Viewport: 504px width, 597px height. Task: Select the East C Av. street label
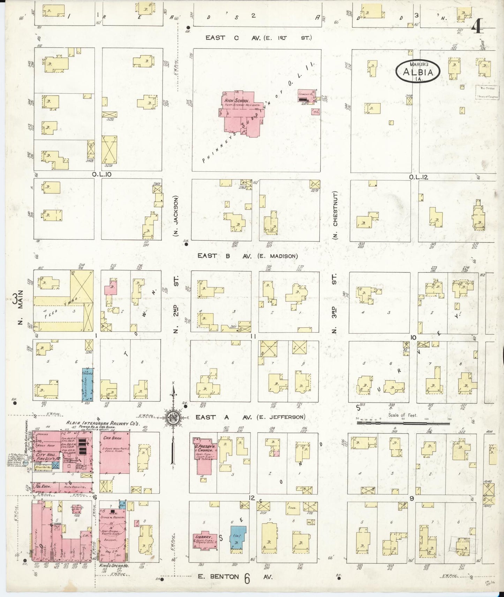pyautogui.click(x=258, y=38)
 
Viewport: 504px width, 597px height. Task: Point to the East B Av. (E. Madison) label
pyautogui.click(x=248, y=256)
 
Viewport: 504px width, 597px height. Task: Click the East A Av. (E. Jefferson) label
pyautogui.click(x=250, y=417)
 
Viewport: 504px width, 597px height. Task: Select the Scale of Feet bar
pyautogui.click(x=403, y=423)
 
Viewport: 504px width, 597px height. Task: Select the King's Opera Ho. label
pyautogui.click(x=114, y=566)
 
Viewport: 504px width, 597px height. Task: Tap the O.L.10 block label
pyautogui.click(x=101, y=174)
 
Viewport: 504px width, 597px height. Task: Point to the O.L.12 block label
pyautogui.click(x=419, y=177)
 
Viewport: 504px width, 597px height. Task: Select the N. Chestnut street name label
pyautogui.click(x=335, y=215)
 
